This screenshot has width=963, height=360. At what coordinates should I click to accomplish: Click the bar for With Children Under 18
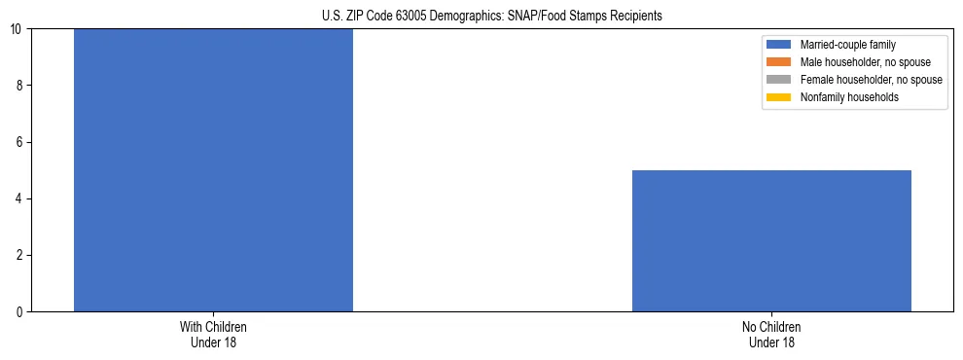[x=213, y=170]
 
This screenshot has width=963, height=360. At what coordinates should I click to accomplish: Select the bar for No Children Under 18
[x=771, y=240]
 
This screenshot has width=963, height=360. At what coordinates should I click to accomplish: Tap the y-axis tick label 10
[x=17, y=29]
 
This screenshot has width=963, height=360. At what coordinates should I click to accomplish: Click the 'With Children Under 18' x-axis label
[x=213, y=334]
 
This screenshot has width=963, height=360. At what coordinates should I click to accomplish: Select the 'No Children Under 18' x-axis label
[x=771, y=334]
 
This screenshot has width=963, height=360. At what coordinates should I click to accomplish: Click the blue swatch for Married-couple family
[x=779, y=45]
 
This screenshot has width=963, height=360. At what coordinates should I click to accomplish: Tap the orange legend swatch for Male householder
[x=779, y=62]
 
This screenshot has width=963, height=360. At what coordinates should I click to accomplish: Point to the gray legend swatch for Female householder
[x=779, y=80]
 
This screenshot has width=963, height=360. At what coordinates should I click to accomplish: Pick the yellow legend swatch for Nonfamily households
[x=779, y=97]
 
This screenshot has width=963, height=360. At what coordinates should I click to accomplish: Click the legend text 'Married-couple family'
[x=848, y=45]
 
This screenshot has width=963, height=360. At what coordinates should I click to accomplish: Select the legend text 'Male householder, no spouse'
[x=865, y=62]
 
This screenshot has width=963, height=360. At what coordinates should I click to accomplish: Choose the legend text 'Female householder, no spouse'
[x=871, y=80]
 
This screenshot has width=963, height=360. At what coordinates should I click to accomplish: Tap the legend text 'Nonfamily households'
[x=849, y=97]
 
